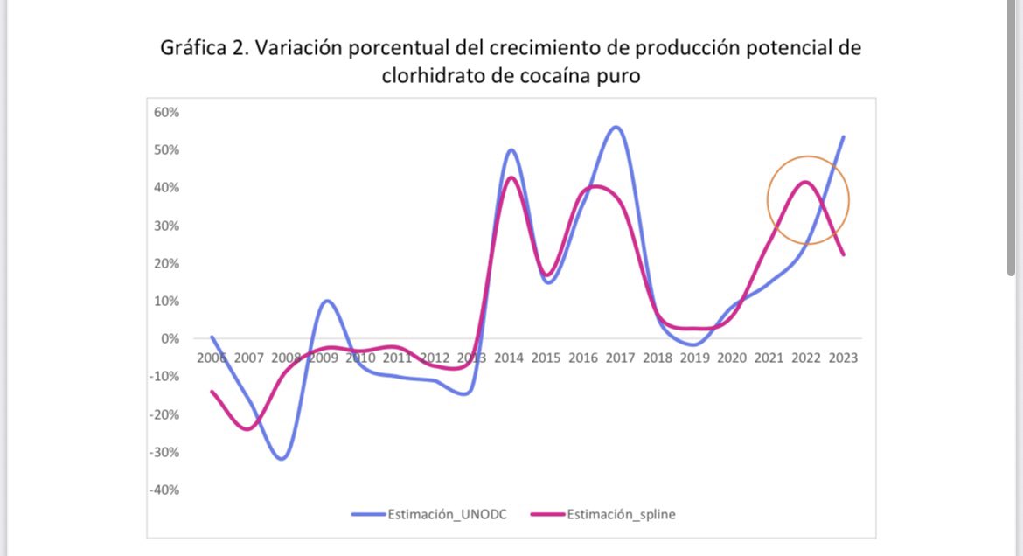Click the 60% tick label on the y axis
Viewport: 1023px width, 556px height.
(166, 112)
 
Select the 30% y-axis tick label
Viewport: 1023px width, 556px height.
(166, 226)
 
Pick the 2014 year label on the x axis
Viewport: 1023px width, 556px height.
(509, 358)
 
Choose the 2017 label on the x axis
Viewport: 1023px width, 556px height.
(620, 358)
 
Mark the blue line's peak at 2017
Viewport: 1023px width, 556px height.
(616, 127)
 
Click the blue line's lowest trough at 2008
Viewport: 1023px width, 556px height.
(282, 459)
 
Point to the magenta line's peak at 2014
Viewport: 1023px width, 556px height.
(511, 177)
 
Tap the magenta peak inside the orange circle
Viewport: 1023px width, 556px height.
(804, 182)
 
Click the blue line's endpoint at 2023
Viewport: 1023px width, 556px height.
(844, 136)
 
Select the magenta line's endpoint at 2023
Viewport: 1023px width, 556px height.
(844, 254)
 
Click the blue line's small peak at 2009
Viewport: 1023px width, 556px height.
(326, 301)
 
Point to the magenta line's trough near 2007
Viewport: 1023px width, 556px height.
(247, 428)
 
